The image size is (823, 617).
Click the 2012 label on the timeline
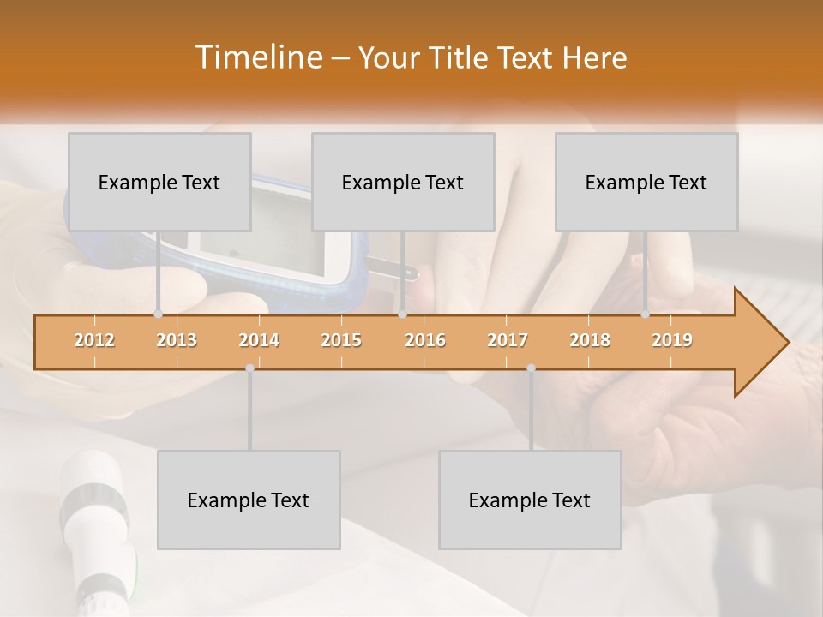[x=94, y=340]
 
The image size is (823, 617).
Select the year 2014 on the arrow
[x=259, y=340]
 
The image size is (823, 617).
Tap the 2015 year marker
[x=341, y=340]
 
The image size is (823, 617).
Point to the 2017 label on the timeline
[x=508, y=340]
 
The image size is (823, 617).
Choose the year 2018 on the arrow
[x=590, y=340]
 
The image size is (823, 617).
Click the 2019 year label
[x=672, y=340]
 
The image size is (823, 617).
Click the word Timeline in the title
[x=258, y=57]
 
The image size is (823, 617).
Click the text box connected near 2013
[x=159, y=182]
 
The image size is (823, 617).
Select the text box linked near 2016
[x=403, y=182]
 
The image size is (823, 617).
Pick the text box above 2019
[x=646, y=182]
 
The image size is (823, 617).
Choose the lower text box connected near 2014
[x=249, y=500]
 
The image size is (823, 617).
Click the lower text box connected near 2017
[x=530, y=500]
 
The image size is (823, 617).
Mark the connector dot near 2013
[x=158, y=314]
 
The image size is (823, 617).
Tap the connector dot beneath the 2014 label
[x=249, y=368]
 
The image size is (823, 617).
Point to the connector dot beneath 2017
[x=531, y=368]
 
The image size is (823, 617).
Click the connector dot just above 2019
[x=646, y=314]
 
